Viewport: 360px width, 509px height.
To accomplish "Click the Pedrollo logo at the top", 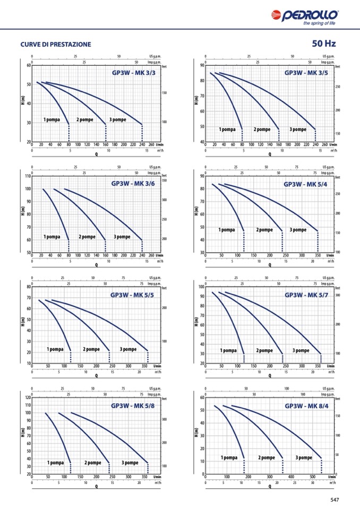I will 304,15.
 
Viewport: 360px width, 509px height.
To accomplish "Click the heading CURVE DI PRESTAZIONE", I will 56,45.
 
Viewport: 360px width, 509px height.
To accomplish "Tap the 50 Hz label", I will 324,44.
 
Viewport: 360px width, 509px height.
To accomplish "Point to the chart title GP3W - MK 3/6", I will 133,184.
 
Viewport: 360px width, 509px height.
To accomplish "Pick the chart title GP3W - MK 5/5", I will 132,295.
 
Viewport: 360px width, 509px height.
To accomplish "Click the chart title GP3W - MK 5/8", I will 133,406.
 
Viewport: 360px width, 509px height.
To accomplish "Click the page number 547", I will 335,499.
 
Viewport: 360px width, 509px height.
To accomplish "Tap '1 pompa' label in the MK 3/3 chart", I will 52,120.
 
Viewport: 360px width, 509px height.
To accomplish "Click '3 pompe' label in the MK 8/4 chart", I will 304,458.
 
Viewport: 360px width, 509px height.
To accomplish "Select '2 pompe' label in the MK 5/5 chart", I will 91,349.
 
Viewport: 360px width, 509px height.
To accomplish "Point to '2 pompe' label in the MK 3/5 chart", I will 262,130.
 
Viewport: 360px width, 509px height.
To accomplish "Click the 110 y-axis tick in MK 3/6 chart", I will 28,176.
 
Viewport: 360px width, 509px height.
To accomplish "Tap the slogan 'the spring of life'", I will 319,23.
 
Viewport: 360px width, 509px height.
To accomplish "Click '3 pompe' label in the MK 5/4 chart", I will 298,230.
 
